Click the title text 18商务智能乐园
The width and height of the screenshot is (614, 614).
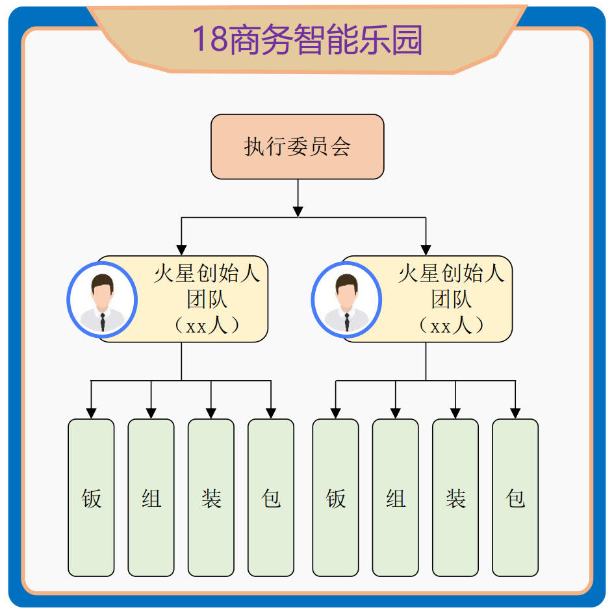tap(307, 40)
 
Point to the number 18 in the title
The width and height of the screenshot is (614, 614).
tap(208, 40)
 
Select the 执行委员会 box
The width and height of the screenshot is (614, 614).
tap(297, 147)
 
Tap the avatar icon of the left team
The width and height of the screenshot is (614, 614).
tap(102, 300)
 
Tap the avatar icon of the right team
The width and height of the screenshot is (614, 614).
tap(346, 300)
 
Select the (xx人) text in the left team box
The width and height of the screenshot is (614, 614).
tap(207, 325)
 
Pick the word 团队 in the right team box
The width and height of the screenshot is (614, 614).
tap(452, 300)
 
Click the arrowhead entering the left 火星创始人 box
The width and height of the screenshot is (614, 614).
tap(182, 249)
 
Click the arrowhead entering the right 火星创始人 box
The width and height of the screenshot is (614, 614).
tap(426, 249)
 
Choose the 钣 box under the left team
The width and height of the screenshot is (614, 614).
tap(91, 498)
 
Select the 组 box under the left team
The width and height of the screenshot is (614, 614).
tap(151, 498)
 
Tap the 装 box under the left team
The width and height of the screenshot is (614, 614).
tap(211, 498)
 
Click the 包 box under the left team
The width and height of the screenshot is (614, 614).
tap(271, 498)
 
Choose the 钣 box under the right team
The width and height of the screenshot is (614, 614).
tap(335, 498)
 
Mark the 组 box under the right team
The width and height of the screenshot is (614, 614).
tap(395, 498)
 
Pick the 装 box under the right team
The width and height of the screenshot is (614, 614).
tap(455, 498)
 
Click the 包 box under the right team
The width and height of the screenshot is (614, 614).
tap(515, 498)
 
